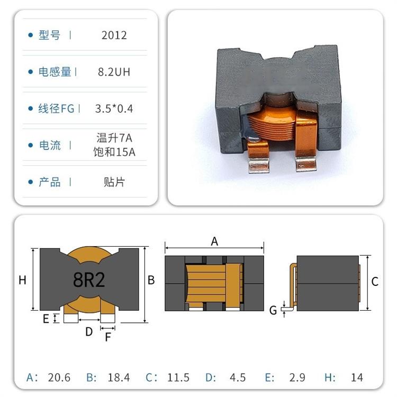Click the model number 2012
(x=114, y=35)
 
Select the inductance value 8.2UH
(x=114, y=72)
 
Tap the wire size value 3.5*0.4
(x=114, y=109)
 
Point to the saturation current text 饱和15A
(x=114, y=152)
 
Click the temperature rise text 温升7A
(x=114, y=139)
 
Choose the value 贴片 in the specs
(x=114, y=182)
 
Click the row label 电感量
(x=55, y=72)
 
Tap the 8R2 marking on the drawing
(x=89, y=279)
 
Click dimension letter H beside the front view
(x=22, y=280)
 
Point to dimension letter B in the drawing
(x=151, y=280)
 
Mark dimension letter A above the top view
(x=214, y=241)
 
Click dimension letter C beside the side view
(x=375, y=282)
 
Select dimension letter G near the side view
(x=273, y=310)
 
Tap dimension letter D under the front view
(x=89, y=332)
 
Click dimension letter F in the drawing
(x=108, y=337)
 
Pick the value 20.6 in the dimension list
(x=59, y=377)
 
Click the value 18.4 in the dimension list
(x=119, y=377)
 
